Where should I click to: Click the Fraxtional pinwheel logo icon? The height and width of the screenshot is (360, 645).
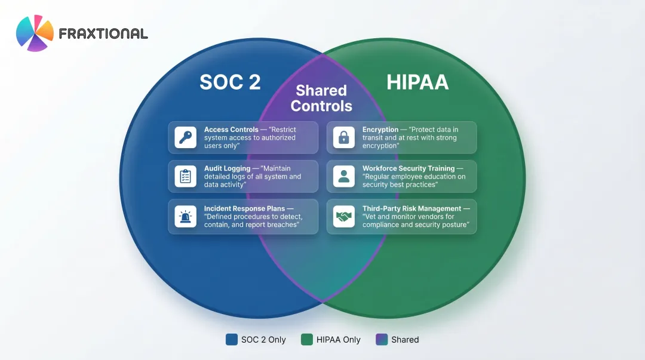35,33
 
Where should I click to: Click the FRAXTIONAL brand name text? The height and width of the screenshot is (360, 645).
103,33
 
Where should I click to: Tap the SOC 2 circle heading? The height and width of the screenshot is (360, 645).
230,82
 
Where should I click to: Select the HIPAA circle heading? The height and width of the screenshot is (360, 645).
417,82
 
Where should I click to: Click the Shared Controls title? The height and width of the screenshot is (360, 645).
321,99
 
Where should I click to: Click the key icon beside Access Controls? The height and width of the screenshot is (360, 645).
185,138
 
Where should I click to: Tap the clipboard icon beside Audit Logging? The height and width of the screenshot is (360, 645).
185,177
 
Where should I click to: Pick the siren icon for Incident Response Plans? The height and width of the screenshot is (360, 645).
185,216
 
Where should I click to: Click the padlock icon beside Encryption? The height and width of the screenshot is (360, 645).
343,138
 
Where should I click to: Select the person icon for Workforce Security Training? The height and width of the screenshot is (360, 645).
343,177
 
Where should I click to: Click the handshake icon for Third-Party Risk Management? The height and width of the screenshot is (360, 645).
343,216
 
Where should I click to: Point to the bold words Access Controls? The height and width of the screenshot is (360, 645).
231,130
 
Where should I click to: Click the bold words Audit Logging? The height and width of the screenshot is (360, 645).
227,169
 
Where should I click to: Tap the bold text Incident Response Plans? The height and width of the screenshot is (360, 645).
244,208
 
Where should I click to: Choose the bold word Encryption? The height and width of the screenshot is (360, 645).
380,130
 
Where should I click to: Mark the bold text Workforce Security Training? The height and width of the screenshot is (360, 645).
408,169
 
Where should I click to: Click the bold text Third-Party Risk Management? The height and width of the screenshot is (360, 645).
411,208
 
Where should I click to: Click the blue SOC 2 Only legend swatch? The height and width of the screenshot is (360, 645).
232,340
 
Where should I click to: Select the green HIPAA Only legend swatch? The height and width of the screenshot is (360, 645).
307,340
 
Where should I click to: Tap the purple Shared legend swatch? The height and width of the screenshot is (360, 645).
382,340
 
